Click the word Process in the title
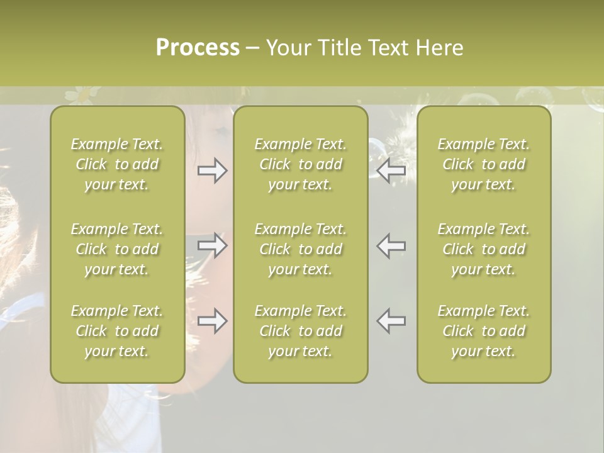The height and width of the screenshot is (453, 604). pos(198,48)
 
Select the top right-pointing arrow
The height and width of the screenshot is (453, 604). pos(212,171)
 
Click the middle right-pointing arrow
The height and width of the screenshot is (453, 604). pos(212,245)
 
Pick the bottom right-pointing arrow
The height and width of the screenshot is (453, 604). pos(212,321)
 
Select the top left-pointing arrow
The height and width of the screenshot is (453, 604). pos(391,171)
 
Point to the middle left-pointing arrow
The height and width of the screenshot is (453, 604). pos(391,245)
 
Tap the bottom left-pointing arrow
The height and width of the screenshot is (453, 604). pos(391,321)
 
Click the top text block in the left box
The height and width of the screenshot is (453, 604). pos(117,164)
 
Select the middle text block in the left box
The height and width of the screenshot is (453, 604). pos(117,249)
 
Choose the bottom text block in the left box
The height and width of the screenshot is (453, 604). pos(117,331)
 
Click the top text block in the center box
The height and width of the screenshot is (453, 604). pos(301,164)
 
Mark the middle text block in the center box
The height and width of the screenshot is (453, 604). pos(301,249)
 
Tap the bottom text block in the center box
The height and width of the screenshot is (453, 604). pos(301,331)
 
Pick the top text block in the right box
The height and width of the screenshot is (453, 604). pos(484,164)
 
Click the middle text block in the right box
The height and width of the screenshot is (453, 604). pos(484,249)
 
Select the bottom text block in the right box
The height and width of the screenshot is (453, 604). pos(484,331)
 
